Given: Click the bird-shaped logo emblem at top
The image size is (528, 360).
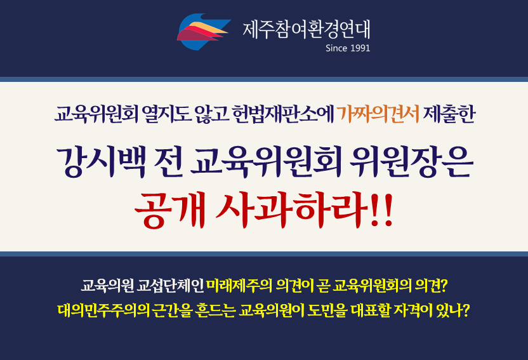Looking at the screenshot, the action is tap(204, 31).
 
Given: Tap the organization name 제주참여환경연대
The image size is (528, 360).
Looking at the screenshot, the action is tap(307, 29).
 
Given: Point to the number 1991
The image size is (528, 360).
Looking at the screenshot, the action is tap(360, 48).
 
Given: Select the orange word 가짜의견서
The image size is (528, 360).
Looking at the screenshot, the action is tap(378, 114).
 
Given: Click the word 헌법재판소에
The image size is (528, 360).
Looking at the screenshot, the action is tap(282, 114).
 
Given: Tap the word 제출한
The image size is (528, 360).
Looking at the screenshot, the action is tap(449, 114).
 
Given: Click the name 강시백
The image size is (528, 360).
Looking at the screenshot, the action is tap(102, 162).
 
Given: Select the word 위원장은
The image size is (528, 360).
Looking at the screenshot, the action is tap(411, 162).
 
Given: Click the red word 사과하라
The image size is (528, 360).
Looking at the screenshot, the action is tap(292, 210).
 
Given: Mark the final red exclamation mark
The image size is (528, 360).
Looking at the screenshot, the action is tap(388, 210).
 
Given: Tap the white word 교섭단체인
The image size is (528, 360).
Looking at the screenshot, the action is tap(170, 286).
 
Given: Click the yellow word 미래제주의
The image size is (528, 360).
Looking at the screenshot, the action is tap(239, 286).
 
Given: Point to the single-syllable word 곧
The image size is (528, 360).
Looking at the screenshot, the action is tap(323, 286).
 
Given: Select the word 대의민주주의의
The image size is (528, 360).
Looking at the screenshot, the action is tap(103, 310).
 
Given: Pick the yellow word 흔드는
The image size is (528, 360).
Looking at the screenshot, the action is tap(215, 310).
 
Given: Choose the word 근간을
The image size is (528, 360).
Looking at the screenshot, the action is tap(173, 310).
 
